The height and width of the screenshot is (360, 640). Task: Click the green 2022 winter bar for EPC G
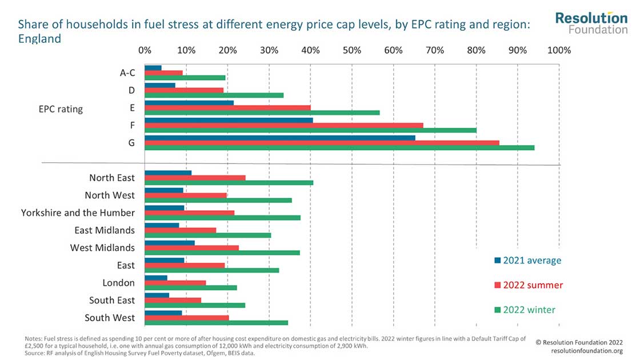(x=339, y=147)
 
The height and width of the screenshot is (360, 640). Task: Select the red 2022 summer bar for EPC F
(x=284, y=125)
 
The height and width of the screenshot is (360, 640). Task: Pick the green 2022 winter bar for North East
(x=229, y=183)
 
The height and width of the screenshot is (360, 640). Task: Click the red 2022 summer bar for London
(x=175, y=282)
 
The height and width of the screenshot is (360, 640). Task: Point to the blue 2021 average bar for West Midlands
(x=170, y=242)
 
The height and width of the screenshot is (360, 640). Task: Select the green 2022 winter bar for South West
(x=216, y=323)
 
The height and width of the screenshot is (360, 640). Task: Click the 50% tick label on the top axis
(x=351, y=50)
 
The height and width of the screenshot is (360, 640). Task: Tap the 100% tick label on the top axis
(x=558, y=50)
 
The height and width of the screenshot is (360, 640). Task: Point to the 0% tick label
(x=145, y=50)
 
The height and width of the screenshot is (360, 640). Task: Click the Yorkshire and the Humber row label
(x=78, y=213)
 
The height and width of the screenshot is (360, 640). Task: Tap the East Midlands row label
(x=105, y=230)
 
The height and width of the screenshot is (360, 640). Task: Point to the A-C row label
(x=127, y=73)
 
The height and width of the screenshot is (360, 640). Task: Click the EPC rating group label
(x=57, y=109)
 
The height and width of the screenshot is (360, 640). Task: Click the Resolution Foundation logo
(x=591, y=23)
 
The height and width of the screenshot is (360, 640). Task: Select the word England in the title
(x=39, y=39)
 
